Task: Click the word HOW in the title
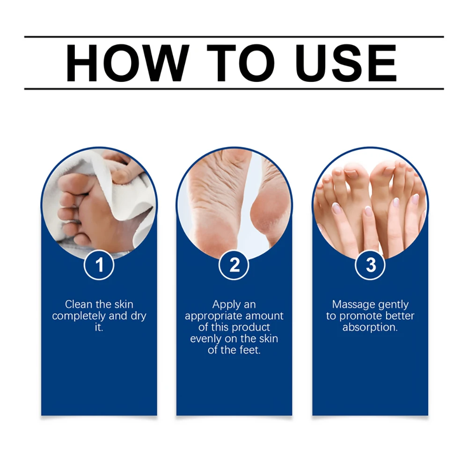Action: [127, 63]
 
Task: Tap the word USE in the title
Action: [346, 63]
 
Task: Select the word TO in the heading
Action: [241, 63]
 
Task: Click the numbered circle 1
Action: [99, 265]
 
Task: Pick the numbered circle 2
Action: [234, 265]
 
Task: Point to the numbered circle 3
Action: [370, 265]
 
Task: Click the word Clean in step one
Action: [79, 305]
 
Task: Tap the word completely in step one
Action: [79, 316]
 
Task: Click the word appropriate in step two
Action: [213, 316]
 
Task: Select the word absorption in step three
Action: [370, 328]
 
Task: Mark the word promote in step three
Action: [356, 316]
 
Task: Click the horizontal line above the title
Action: [234, 37]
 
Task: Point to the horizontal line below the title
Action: [234, 88]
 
